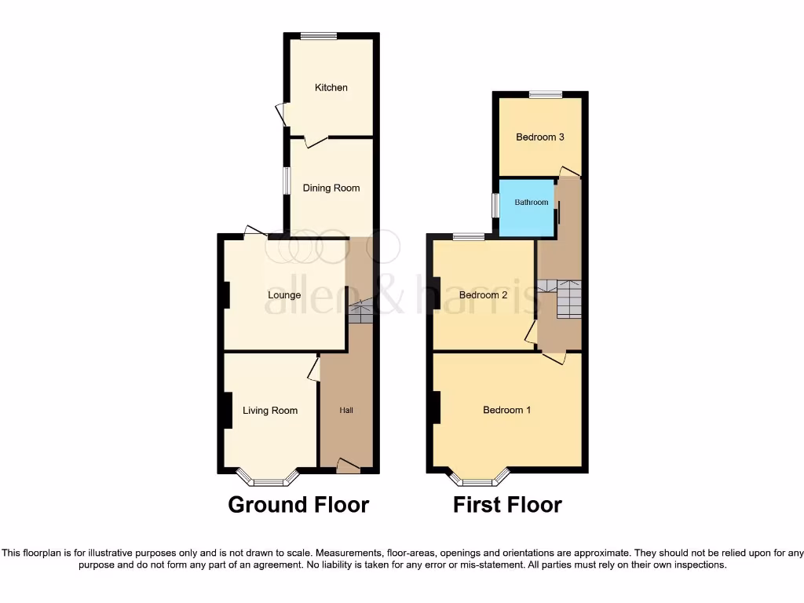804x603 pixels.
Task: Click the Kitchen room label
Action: tap(331, 87)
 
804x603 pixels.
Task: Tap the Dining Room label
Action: tap(331, 188)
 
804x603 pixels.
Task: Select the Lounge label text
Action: tap(284, 295)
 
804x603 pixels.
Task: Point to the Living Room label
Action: tap(270, 410)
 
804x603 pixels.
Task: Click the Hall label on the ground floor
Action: tap(346, 410)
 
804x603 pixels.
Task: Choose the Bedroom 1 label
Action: tap(506, 410)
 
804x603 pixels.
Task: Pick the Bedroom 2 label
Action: tap(483, 295)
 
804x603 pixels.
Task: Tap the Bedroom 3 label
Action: tap(539, 137)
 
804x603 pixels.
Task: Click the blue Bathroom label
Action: tap(532, 203)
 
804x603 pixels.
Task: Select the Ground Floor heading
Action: tap(298, 504)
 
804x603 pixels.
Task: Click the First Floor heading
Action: tap(507, 504)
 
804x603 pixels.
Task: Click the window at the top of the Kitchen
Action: tap(318, 35)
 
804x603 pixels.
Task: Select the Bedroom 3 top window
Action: tap(546, 95)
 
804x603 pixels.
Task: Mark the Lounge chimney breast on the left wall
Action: tap(225, 295)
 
